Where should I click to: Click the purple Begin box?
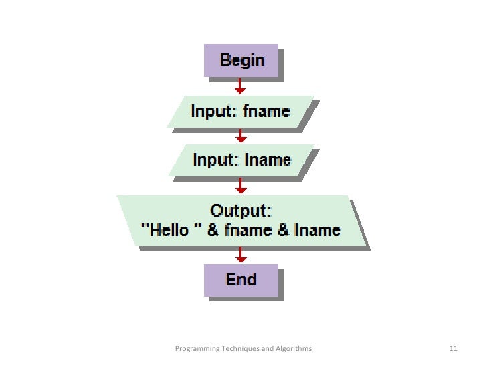click(x=242, y=61)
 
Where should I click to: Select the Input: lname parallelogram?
click(x=241, y=160)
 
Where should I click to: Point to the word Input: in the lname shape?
click(x=214, y=160)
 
